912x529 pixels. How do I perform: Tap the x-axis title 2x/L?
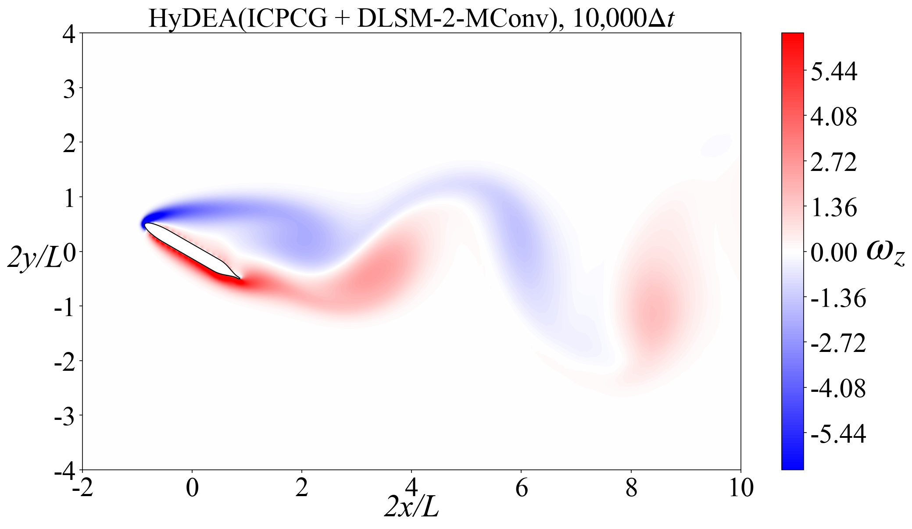coord(411,507)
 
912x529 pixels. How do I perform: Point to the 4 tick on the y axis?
coord(69,33)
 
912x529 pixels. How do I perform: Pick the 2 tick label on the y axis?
coord(69,142)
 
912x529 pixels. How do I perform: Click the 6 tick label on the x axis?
coord(521,487)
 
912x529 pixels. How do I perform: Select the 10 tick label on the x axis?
coord(741,487)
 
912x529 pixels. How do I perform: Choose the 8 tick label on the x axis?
coord(631,487)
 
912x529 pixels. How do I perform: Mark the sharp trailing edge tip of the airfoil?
coord(240,279)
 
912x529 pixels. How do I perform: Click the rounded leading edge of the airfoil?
coord(146,225)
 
